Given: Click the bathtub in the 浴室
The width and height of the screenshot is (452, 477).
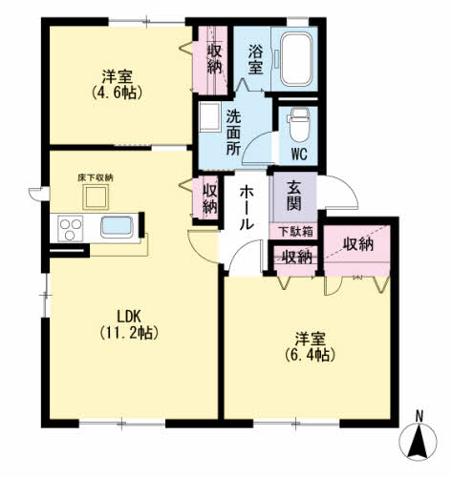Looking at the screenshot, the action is click(296, 59).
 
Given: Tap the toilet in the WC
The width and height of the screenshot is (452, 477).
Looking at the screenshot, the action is click(298, 124).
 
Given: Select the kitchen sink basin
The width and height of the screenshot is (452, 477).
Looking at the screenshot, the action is click(117, 227).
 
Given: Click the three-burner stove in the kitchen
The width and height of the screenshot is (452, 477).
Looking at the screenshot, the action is click(71, 228).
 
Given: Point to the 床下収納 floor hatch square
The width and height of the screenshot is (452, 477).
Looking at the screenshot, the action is click(96, 197).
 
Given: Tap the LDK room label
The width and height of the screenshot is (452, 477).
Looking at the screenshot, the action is click(129, 317).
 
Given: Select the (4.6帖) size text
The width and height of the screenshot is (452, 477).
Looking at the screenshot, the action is click(117, 93).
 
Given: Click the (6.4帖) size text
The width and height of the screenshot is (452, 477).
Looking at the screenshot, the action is click(310, 355).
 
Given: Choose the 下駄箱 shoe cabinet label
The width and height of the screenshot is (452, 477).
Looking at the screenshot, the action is click(296, 232).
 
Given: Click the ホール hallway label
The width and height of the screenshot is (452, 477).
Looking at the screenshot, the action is click(247, 208).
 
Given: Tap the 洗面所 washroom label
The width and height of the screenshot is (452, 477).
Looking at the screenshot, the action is click(233, 133).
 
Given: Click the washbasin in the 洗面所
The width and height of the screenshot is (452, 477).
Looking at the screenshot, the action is click(209, 116).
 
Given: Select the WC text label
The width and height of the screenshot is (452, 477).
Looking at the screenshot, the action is click(299, 155).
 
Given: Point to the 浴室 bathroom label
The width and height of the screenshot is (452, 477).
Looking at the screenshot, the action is click(255, 59).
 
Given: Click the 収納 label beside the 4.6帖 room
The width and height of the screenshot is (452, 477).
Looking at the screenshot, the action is click(214, 59).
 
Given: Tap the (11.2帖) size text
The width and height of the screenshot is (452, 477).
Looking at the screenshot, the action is click(129, 333).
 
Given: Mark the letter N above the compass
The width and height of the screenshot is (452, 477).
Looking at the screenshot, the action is click(420, 416).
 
